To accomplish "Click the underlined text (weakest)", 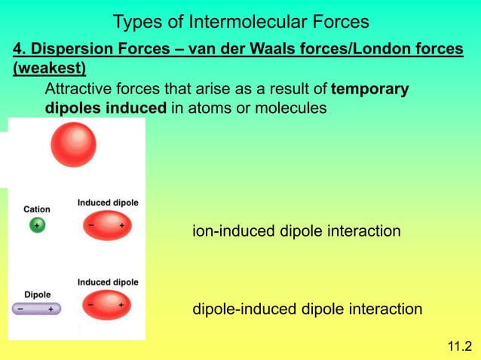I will [x=49, y=69].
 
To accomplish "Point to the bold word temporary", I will [x=370, y=89].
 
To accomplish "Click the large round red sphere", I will [x=73, y=145].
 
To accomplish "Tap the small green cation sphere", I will [x=36, y=225].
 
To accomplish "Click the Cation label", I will [x=37, y=209].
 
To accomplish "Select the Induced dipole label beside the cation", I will [x=108, y=203].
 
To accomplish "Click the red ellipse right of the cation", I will [x=106, y=226].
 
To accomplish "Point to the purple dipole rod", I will [x=37, y=309].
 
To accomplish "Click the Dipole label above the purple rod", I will [x=38, y=294].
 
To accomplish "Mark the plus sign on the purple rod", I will [x=51, y=309].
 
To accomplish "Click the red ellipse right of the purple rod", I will [x=106, y=306].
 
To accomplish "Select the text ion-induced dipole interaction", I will [x=296, y=231].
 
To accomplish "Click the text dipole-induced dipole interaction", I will [x=308, y=309].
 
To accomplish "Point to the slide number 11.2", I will [x=458, y=346].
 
